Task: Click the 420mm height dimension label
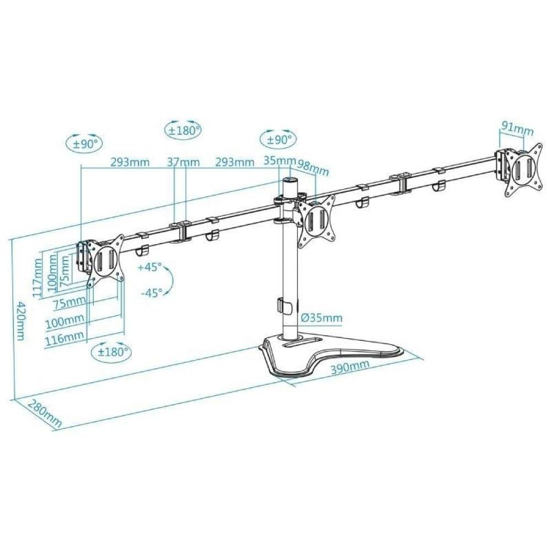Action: tap(22, 321)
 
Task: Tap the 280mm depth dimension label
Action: tap(45, 413)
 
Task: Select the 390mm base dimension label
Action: tap(350, 367)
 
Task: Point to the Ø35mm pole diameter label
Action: tap(321, 318)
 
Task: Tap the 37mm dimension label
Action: tap(183, 162)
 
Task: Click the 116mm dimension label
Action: tap(65, 337)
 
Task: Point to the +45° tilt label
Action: tap(150, 267)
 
